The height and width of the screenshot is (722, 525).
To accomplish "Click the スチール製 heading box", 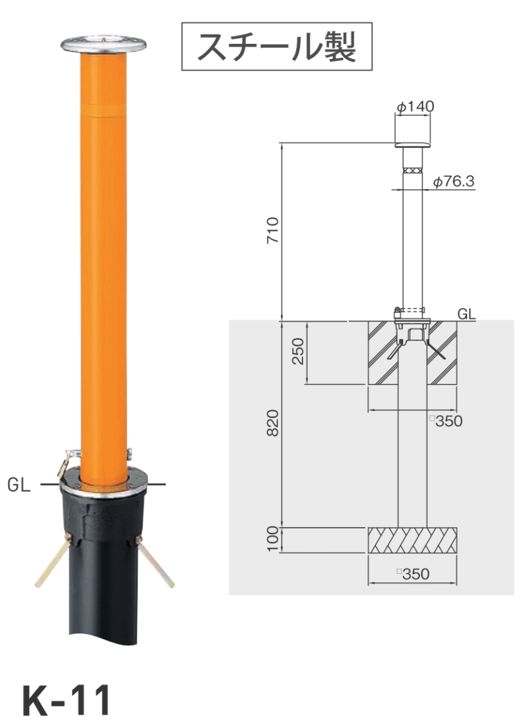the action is pos(277,46).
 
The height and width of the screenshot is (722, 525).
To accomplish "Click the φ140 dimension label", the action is pos(415,107).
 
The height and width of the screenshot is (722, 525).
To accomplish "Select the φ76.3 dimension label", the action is pos(453,181).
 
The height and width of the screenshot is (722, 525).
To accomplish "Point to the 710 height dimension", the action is pos(272,230).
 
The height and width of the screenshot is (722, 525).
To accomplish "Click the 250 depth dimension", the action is pos(299,351).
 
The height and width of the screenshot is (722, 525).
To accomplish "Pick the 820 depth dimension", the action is pos(272,422).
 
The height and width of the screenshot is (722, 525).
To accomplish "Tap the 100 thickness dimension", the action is pos(272,539).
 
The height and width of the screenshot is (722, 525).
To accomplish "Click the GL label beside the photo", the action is pos(19,485).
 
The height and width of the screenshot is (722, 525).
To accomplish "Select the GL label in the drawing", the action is pos(467,314).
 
